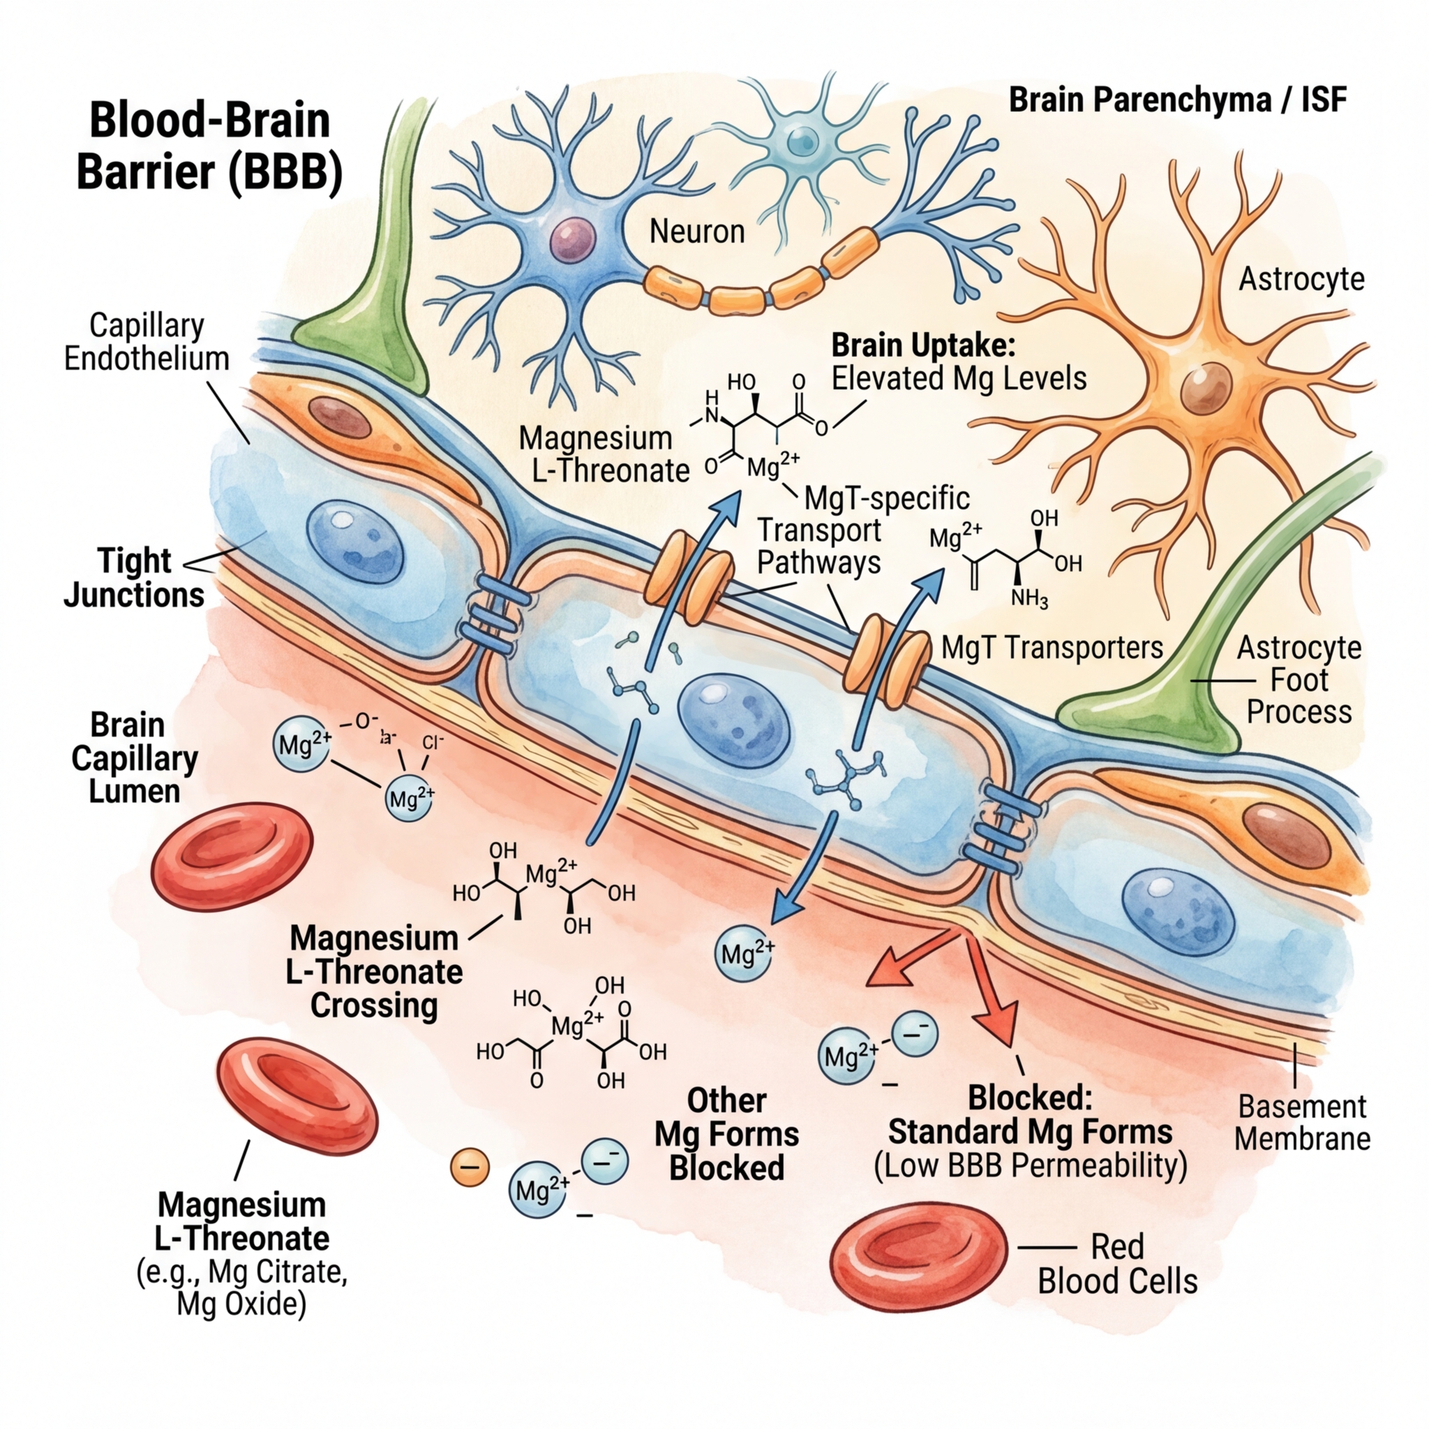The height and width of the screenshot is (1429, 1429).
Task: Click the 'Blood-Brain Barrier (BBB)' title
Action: (209, 147)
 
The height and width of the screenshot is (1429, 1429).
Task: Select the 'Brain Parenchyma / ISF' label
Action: (1178, 100)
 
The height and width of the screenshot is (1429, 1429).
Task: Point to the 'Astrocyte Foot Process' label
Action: (1299, 680)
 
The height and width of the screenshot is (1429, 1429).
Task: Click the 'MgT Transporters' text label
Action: (1052, 648)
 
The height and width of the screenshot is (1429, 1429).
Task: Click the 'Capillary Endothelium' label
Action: (147, 342)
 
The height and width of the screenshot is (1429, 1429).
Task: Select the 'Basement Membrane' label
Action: (1302, 1123)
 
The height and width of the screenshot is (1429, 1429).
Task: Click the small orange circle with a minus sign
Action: (470, 1167)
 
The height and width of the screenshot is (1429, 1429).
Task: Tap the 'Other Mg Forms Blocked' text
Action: (726, 1134)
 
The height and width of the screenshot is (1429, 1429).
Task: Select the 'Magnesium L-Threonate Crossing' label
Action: (375, 971)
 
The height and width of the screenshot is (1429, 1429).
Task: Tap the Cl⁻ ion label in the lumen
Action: (433, 742)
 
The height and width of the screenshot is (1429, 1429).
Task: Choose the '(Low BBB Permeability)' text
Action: (1031, 1167)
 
